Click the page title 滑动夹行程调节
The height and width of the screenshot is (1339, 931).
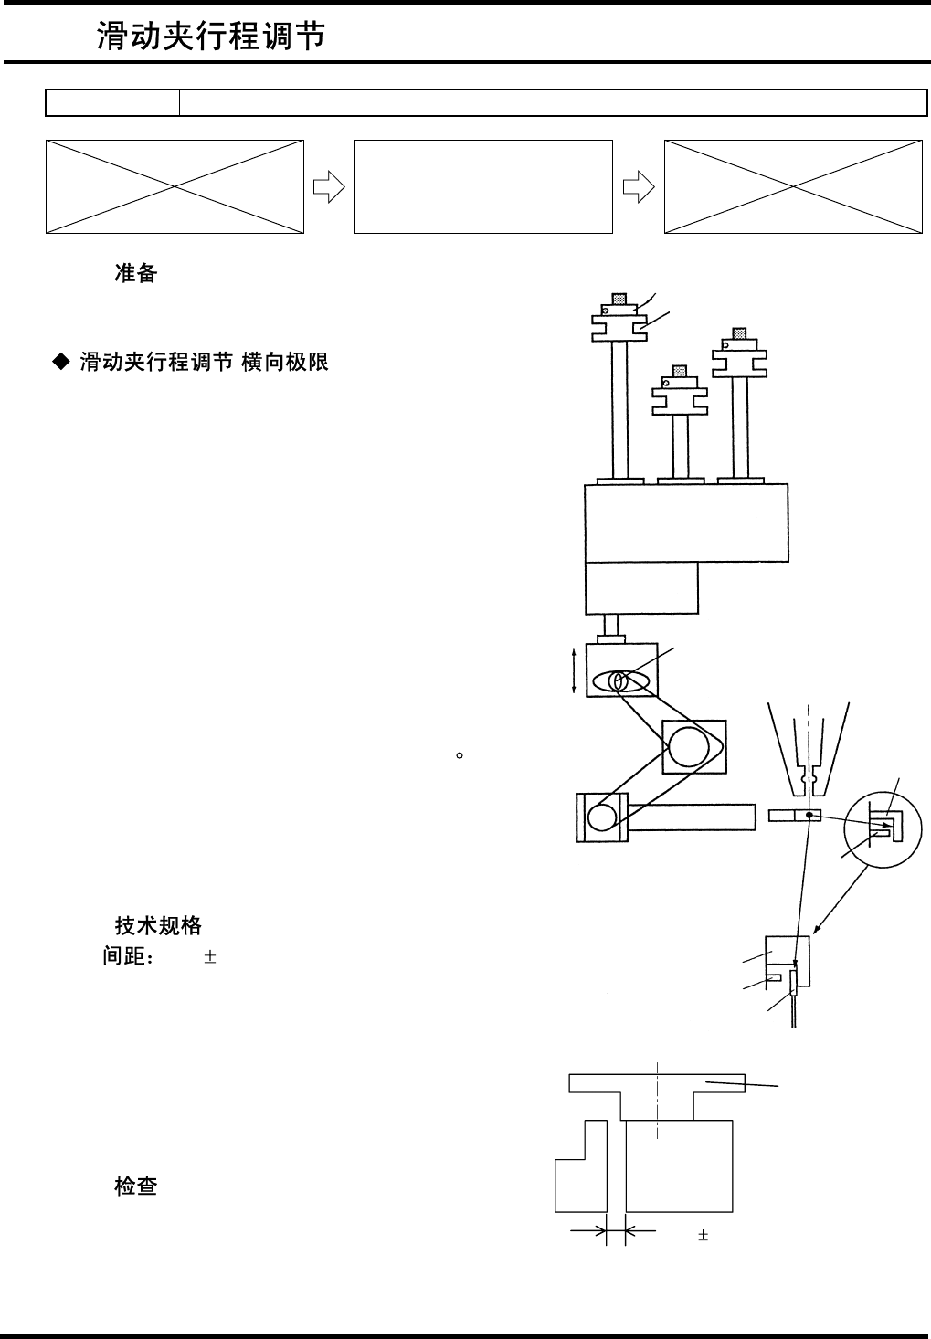click(211, 37)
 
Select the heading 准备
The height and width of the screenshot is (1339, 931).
click(136, 273)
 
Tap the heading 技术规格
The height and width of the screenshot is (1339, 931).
click(158, 925)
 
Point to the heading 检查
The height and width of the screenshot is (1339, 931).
click(136, 1186)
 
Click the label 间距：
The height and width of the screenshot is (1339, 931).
click(128, 958)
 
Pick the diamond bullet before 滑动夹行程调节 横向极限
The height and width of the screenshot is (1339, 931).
click(60, 363)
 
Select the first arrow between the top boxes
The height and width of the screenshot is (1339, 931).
click(329, 187)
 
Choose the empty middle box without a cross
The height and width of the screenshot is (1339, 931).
click(483, 186)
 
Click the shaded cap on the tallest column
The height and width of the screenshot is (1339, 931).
click(620, 299)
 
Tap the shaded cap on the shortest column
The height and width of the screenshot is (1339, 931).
click(679, 371)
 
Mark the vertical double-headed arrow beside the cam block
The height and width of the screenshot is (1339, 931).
click(573, 670)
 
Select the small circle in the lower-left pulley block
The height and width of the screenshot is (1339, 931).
click(601, 817)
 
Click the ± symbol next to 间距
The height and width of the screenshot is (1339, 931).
click(210, 958)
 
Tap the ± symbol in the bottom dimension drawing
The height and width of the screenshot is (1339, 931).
click(704, 1235)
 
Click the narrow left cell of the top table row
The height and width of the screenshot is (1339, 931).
click(112, 103)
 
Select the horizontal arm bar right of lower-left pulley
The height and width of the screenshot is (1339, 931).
click(692, 817)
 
